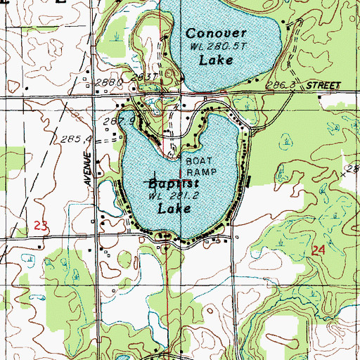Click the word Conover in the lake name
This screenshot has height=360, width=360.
click(215, 33)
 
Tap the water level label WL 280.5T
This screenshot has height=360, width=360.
click(218, 46)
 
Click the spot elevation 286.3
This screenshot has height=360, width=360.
click(281, 85)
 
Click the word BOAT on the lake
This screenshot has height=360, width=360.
click(198, 161)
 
